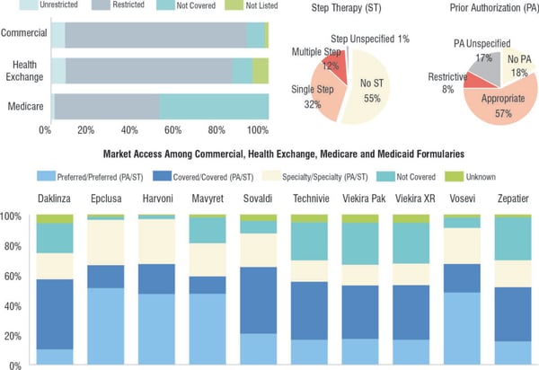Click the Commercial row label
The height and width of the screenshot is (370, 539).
pos(23,34)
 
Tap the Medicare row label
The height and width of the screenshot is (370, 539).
pos(26,106)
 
